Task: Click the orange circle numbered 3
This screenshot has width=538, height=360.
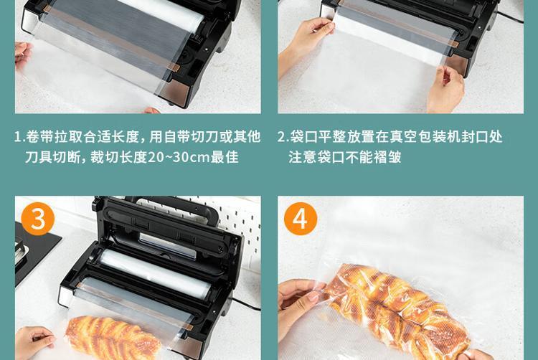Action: pos(38,219)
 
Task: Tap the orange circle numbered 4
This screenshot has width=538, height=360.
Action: pos(301,219)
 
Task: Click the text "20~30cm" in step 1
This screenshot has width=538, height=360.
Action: pos(179,157)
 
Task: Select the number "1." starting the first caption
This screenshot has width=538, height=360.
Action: pos(19,137)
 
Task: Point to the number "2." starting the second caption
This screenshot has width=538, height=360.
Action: pos(283,137)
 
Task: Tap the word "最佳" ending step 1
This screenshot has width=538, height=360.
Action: pos(225,157)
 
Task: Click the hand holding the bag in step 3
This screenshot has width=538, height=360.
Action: pos(34,342)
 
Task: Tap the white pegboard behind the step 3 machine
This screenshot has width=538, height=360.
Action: pos(237,223)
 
